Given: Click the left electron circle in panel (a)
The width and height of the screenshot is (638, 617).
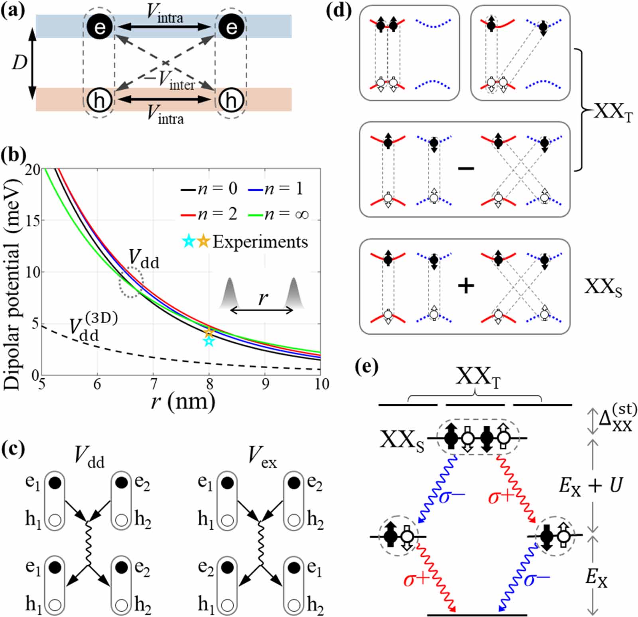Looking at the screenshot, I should pyautogui.click(x=100, y=27).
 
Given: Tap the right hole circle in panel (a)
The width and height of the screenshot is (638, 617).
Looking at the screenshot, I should pyautogui.click(x=231, y=100).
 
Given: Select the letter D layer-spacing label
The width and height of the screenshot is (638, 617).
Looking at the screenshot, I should pyautogui.click(x=19, y=63).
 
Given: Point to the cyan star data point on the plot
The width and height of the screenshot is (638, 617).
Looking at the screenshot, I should pyautogui.click(x=209, y=341).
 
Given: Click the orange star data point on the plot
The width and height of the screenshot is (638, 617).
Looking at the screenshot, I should pyautogui.click(x=209, y=332).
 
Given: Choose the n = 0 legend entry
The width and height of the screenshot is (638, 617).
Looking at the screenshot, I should pyautogui.click(x=209, y=189).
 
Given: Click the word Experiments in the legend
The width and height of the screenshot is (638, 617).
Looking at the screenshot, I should pyautogui.click(x=260, y=242).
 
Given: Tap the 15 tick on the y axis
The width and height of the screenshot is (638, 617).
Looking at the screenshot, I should pyautogui.click(x=33, y=220).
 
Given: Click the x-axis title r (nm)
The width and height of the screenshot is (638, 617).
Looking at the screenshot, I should pyautogui.click(x=183, y=402).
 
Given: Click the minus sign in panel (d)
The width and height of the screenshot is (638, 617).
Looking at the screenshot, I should pyautogui.click(x=466, y=169).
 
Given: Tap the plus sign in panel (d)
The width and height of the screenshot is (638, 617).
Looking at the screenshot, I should pyautogui.click(x=466, y=286).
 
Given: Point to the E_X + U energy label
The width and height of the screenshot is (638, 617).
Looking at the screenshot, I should pyautogui.click(x=591, y=486).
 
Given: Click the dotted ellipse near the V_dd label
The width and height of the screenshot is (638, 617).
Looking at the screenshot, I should pyautogui.click(x=131, y=283).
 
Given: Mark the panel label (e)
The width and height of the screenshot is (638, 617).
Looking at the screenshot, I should pyautogui.click(x=366, y=367).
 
